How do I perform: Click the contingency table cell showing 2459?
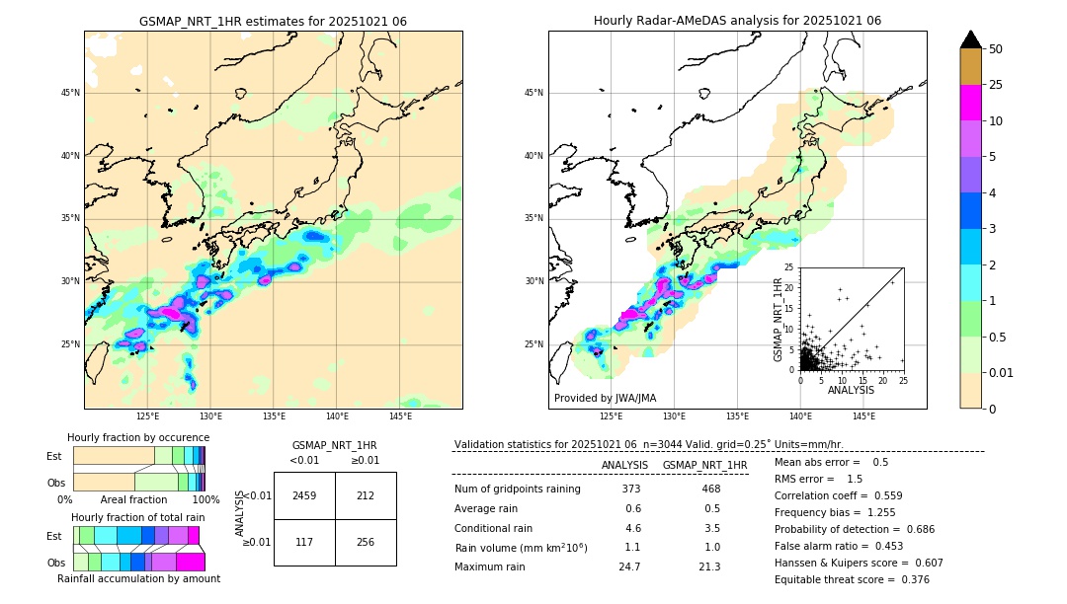point(304,495)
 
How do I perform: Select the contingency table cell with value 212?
point(366,495)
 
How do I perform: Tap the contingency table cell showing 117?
point(304,542)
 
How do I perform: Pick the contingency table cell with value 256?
point(366,542)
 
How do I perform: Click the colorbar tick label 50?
point(996,49)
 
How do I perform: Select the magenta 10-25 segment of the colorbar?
point(971,103)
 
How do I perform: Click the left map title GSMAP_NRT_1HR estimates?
point(273,21)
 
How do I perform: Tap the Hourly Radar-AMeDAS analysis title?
point(737,21)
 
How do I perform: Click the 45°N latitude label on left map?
point(70,93)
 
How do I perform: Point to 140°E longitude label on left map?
point(337,417)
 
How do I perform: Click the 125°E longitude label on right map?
point(612,417)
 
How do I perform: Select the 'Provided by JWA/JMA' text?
point(605,399)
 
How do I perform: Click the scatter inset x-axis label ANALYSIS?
point(851,390)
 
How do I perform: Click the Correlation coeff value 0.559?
point(881,495)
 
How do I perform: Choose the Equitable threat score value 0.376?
point(908,579)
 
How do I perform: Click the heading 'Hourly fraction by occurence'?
point(138,437)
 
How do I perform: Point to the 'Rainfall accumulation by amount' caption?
point(138,578)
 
